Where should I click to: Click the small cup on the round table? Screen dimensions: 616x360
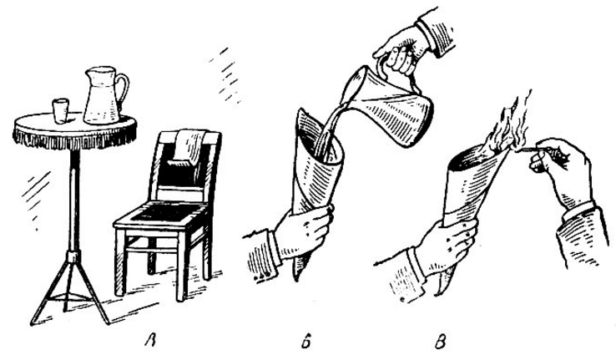pos(60,110)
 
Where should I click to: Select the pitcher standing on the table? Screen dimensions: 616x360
pos(103,95)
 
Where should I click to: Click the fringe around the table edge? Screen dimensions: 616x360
pos(74,138)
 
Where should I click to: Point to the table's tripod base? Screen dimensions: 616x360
pos(71,289)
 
